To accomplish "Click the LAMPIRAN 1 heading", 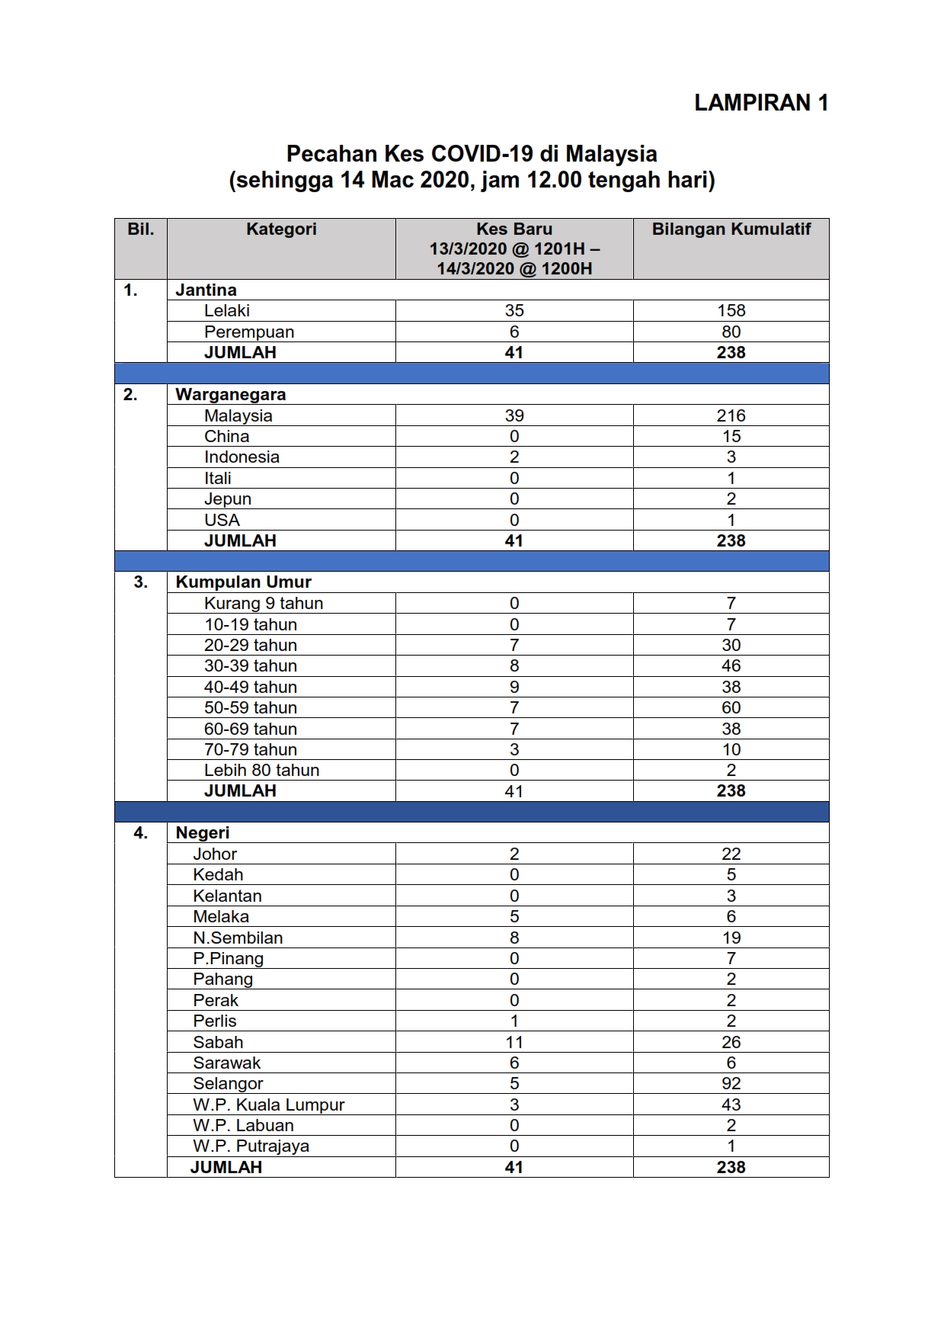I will [x=760, y=103].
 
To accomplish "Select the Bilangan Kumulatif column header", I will [x=731, y=229].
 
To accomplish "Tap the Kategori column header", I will [x=281, y=229].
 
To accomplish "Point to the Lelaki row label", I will [x=227, y=311].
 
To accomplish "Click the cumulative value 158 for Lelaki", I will [x=731, y=311].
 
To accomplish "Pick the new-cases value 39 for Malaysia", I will [x=514, y=416].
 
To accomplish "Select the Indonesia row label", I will [x=242, y=457].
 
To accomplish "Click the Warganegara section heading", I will [x=231, y=395].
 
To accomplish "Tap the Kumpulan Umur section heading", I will [x=243, y=582].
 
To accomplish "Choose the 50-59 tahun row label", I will [x=251, y=708].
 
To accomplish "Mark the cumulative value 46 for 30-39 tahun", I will [x=731, y=666].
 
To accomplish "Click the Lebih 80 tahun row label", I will [x=261, y=771].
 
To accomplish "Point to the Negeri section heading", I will [x=203, y=833].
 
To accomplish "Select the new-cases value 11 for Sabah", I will [x=514, y=1043].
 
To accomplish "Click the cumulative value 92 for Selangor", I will [x=731, y=1084].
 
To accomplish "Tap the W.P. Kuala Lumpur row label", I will [x=269, y=1105].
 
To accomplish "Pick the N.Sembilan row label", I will [x=238, y=938].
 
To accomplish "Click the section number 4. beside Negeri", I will [x=141, y=833].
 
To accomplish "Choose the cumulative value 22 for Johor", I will [x=731, y=854].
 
